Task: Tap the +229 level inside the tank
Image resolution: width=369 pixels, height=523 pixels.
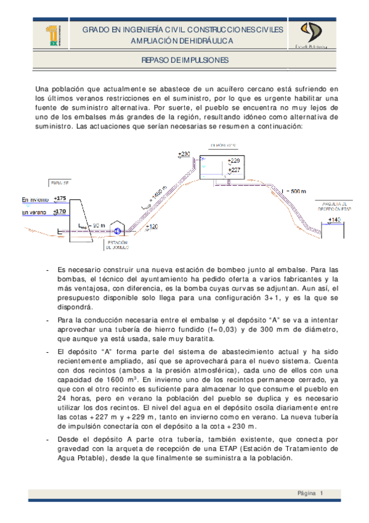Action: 234,161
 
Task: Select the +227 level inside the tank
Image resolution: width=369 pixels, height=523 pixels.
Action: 234,170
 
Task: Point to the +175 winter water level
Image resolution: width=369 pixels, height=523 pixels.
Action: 60,198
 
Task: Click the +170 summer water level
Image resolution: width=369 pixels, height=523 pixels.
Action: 60,212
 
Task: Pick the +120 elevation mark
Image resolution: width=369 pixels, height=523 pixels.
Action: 152,227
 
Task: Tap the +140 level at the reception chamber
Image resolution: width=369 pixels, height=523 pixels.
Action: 335,220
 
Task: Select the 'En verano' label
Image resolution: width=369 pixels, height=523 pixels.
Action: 34,213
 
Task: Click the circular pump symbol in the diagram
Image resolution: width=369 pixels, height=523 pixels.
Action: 117,232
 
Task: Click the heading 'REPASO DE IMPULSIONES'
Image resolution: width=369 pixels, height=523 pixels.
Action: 185,60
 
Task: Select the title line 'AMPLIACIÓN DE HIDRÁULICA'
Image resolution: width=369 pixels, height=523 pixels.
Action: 185,40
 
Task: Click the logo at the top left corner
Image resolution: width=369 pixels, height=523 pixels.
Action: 54,36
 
